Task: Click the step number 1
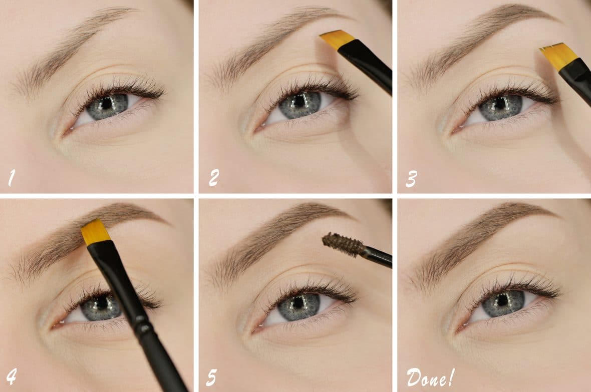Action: click(12, 178)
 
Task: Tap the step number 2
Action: click(214, 178)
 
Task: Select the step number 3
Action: click(411, 179)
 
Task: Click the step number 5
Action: click(212, 377)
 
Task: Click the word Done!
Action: click(430, 377)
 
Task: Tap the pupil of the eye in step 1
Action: click(107, 103)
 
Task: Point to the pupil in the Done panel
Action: click(503, 300)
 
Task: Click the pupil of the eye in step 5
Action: click(299, 302)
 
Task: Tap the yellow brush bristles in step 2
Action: click(337, 39)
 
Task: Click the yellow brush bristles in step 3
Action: click(558, 56)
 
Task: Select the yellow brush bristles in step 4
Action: click(95, 232)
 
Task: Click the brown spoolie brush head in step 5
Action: click(343, 244)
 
